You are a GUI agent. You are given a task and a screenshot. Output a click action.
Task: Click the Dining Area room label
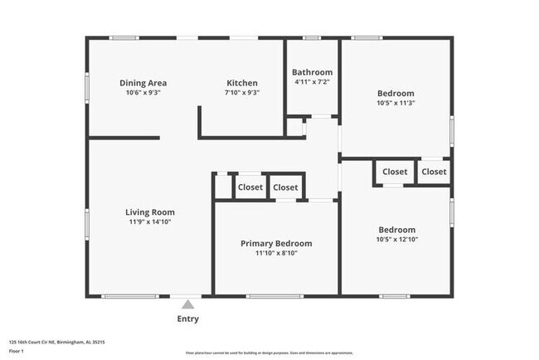tap(143, 83)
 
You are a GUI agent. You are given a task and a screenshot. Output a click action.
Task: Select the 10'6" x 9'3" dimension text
tap(143, 93)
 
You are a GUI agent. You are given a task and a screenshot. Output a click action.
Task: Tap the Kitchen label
tap(242, 83)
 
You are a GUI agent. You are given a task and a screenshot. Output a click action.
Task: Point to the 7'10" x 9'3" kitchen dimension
tap(242, 93)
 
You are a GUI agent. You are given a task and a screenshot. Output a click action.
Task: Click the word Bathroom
tap(313, 72)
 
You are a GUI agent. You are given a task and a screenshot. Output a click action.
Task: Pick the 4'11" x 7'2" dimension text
tap(313, 82)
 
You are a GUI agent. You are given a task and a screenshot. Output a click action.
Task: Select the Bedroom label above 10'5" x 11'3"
tap(396, 94)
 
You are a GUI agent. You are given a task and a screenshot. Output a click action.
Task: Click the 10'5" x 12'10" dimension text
tap(396, 240)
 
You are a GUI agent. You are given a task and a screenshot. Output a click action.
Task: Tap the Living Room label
tap(150, 212)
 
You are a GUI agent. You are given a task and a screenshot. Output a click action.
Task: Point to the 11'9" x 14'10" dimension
tap(150, 221)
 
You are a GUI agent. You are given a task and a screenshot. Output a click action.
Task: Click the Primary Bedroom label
tap(276, 243)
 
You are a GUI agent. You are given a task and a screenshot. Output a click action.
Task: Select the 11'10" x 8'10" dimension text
tap(276, 253)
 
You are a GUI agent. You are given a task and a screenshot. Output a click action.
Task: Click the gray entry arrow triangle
tap(187, 304)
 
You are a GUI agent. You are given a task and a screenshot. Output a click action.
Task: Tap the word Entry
tap(187, 319)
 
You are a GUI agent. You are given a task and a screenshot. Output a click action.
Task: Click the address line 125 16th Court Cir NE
tap(56, 342)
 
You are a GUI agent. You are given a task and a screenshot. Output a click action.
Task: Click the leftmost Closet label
tap(250, 187)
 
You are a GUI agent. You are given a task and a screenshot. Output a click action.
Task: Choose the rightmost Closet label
tap(434, 172)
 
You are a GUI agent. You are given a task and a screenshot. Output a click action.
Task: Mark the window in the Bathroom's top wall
tap(312, 37)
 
